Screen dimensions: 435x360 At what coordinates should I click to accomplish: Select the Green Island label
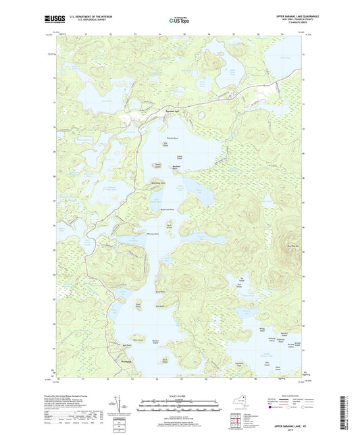tap(158, 164)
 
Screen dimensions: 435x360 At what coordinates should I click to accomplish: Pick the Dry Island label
tap(165, 143)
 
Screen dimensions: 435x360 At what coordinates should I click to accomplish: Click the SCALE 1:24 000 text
tap(180, 395)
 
